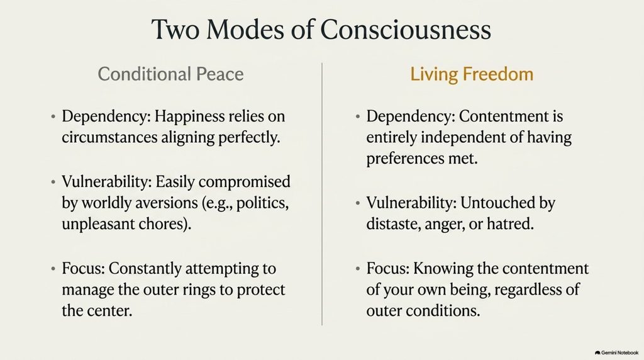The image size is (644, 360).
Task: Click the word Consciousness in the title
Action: (406, 30)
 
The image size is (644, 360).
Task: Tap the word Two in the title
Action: (175, 30)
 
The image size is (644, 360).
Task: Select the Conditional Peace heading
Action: (170, 74)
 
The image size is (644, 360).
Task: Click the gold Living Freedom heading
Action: (472, 74)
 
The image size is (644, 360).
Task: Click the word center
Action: (112, 311)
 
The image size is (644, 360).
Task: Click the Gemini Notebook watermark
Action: (616, 352)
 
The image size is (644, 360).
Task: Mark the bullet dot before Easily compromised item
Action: (53, 182)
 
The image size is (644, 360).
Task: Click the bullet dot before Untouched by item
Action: (358, 203)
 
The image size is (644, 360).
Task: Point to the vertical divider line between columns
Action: (322, 194)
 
